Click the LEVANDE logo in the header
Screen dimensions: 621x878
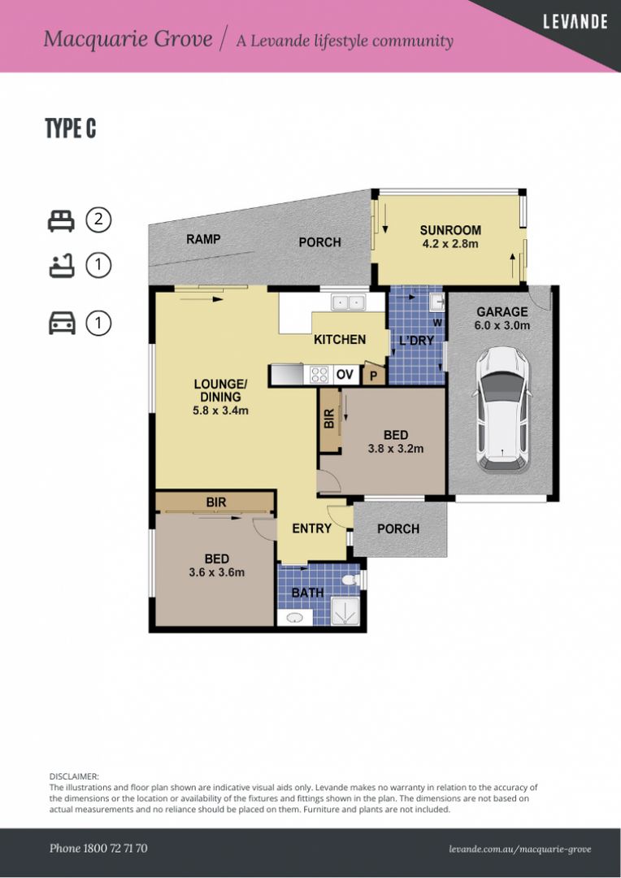(575, 23)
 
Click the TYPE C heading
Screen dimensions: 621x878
(71, 128)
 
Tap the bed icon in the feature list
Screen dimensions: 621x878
(61, 220)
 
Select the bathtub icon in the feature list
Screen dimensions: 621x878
(62, 265)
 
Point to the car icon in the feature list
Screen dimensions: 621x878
(62, 324)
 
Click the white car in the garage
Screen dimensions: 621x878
(502, 409)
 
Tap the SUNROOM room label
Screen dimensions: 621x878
(450, 230)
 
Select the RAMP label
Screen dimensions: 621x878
(203, 239)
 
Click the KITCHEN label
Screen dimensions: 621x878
(340, 339)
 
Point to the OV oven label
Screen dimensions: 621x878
(345, 374)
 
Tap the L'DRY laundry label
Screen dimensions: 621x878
(416, 340)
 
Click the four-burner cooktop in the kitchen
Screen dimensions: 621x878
(319, 375)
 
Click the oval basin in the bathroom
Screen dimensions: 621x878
(295, 618)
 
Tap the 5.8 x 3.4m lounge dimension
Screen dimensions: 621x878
(220, 411)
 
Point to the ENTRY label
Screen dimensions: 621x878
(312, 528)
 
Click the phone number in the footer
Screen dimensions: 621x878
(98, 848)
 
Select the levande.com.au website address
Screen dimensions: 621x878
(519, 850)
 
